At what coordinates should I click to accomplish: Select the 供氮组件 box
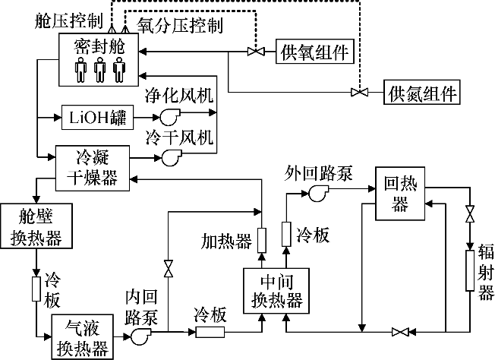(x=422, y=93)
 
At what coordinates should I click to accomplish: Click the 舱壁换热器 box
(x=36, y=226)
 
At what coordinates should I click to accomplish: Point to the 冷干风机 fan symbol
(x=167, y=157)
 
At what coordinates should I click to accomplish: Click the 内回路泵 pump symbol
(x=141, y=334)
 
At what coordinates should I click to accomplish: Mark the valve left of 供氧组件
(x=254, y=52)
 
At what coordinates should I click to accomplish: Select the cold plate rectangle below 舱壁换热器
(x=36, y=288)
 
